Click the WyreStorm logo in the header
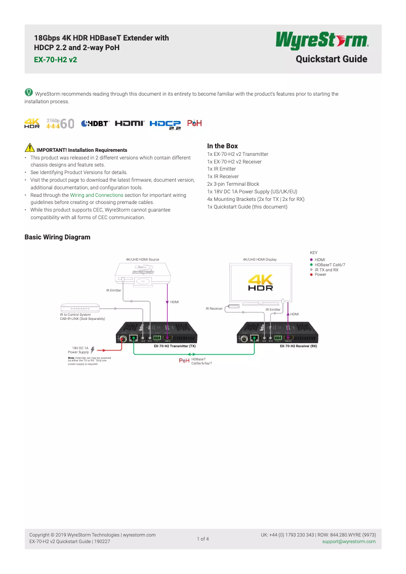click(x=321, y=41)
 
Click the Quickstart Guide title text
click(x=331, y=59)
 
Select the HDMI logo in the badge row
click(x=130, y=124)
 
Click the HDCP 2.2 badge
click(x=165, y=125)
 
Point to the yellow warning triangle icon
click(x=29, y=149)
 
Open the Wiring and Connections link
click(x=97, y=195)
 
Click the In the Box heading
click(x=222, y=146)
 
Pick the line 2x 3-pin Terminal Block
click(x=233, y=184)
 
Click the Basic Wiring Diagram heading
click(x=57, y=237)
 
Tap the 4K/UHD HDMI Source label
click(x=142, y=260)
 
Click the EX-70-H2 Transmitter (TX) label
click(x=175, y=346)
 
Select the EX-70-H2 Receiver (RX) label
click(x=298, y=346)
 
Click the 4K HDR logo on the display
click(x=261, y=283)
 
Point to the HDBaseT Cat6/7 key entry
click(x=330, y=265)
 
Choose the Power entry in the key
click(x=320, y=274)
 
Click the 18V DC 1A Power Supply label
click(x=79, y=350)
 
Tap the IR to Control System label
click(x=83, y=316)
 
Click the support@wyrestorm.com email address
click(x=349, y=542)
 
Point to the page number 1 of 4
click(x=203, y=539)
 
